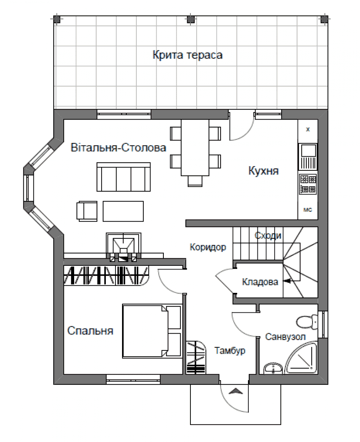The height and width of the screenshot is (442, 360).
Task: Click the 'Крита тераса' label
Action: [x=188, y=55]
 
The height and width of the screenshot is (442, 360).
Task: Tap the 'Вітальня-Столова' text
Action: [x=118, y=148]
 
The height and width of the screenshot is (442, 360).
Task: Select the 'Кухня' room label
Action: [x=264, y=171]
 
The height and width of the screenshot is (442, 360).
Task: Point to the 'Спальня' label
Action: [x=90, y=331]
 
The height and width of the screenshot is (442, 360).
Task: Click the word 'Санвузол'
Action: [x=285, y=336]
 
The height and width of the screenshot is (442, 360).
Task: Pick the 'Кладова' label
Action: [x=260, y=282]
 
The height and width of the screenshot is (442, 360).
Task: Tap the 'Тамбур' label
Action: [x=230, y=351]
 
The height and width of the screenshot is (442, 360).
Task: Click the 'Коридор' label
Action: [x=208, y=247]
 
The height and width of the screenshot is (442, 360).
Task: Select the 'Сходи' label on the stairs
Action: [x=268, y=235]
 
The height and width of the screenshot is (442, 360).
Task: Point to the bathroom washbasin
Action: [x=273, y=369]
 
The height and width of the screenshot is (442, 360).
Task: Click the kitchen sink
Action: [x=308, y=157]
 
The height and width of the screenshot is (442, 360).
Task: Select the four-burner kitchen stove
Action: [x=308, y=184]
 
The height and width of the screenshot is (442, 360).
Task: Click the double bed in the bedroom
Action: [x=152, y=331]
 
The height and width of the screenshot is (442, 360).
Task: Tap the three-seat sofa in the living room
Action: [x=123, y=177]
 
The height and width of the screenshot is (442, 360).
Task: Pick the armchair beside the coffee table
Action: [x=87, y=211]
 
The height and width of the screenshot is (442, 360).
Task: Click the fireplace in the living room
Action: [x=123, y=247]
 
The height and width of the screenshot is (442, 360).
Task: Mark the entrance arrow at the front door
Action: [x=235, y=391]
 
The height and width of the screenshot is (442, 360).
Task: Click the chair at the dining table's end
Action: [x=195, y=181]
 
